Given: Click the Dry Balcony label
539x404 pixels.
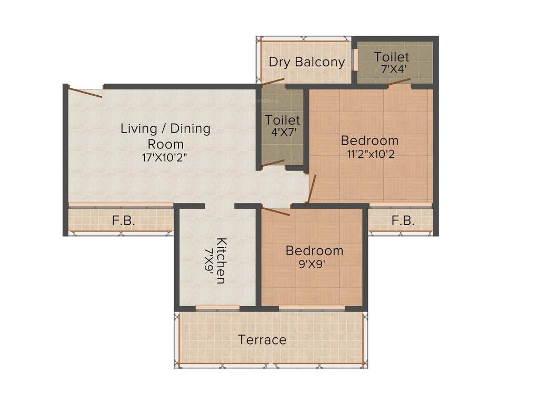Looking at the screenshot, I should click(x=307, y=62).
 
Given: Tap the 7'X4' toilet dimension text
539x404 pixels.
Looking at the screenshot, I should click(x=391, y=69).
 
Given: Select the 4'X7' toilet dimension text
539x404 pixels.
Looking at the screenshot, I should click(x=283, y=133).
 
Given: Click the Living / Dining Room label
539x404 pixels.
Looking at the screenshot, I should click(x=165, y=136).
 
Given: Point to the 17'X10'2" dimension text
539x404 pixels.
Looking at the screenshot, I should click(x=165, y=157).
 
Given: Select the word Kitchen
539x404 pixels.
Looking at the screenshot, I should click(x=222, y=261).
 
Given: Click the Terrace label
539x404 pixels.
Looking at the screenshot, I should click(x=262, y=340).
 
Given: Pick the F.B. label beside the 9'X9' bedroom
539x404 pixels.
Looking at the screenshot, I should click(x=403, y=221).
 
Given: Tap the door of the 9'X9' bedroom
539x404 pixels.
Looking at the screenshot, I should click(x=276, y=211).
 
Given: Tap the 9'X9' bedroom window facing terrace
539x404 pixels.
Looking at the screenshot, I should click(x=312, y=307).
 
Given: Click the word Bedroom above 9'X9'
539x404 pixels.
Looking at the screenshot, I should click(x=314, y=250).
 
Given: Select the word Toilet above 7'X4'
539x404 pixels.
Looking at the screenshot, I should click(x=391, y=56).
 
